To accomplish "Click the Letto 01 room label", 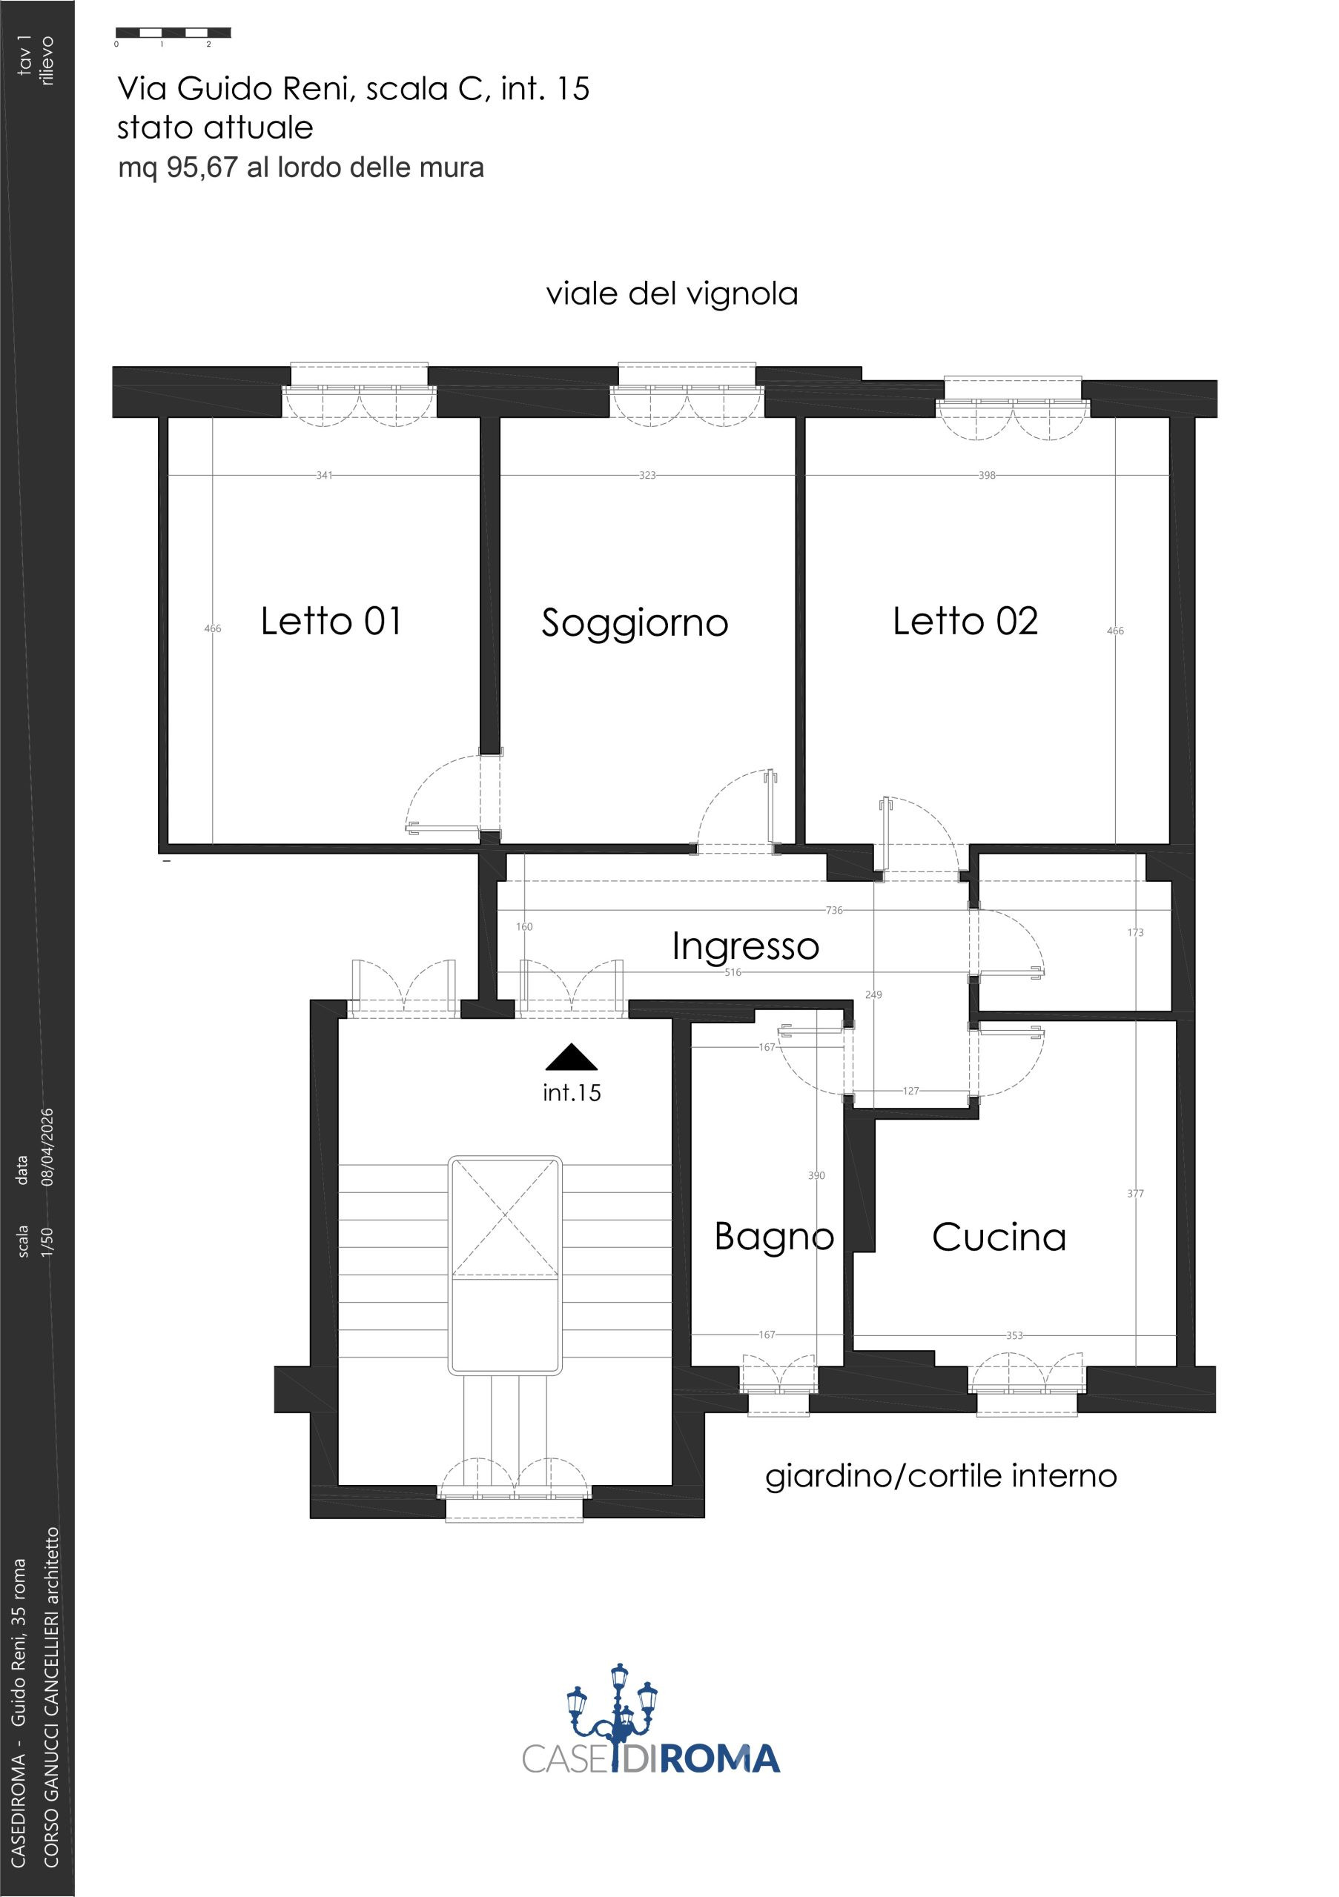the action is pos(331,621).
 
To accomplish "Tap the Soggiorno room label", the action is pos(635,625).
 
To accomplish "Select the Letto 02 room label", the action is pos(965,621).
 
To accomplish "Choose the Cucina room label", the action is pos(999,1237).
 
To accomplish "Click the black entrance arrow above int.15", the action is pos(571,1057).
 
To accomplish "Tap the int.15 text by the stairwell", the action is pos(571,1092).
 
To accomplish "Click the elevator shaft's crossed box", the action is pos(505,1217).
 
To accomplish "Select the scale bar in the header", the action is pos(173,33).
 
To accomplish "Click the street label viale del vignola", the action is pos(672,294).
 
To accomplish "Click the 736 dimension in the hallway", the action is pos(834,910).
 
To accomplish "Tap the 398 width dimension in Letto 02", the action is pos(987,475).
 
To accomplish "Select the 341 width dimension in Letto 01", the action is pos(324,475).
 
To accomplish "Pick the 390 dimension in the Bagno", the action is pos(816,1175).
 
